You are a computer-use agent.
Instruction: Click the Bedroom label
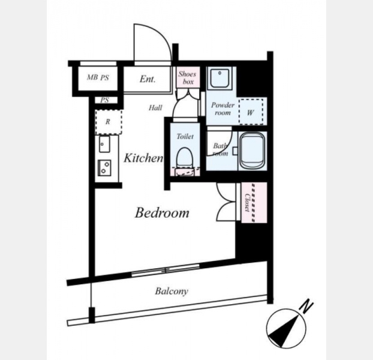pyautogui.click(x=162, y=213)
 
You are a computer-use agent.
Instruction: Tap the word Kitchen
pyautogui.click(x=143, y=158)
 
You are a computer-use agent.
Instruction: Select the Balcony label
pyautogui.click(x=172, y=291)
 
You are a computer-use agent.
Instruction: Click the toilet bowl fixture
pyautogui.click(x=184, y=158)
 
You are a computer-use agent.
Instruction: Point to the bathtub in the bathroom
pyautogui.click(x=252, y=151)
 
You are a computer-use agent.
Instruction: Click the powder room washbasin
pyautogui.click(x=220, y=78)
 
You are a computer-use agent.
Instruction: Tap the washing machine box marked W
pyautogui.click(x=251, y=112)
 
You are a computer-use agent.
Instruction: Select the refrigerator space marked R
pyautogui.click(x=109, y=122)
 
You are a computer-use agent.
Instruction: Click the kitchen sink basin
pyautogui.click(x=104, y=144)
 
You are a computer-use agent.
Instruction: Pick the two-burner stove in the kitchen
pyautogui.click(x=105, y=167)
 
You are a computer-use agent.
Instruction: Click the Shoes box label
pyautogui.click(x=188, y=78)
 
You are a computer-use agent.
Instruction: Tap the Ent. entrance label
pyautogui.click(x=148, y=79)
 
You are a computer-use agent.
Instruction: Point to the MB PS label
pyautogui.click(x=98, y=77)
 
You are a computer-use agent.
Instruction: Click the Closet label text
pyautogui.click(x=248, y=203)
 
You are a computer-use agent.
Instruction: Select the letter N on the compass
pyautogui.click(x=307, y=307)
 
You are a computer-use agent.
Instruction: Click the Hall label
pyautogui.click(x=155, y=108)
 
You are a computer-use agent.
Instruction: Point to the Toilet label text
pyautogui.click(x=185, y=136)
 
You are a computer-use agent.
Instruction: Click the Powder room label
pyautogui.click(x=223, y=109)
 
